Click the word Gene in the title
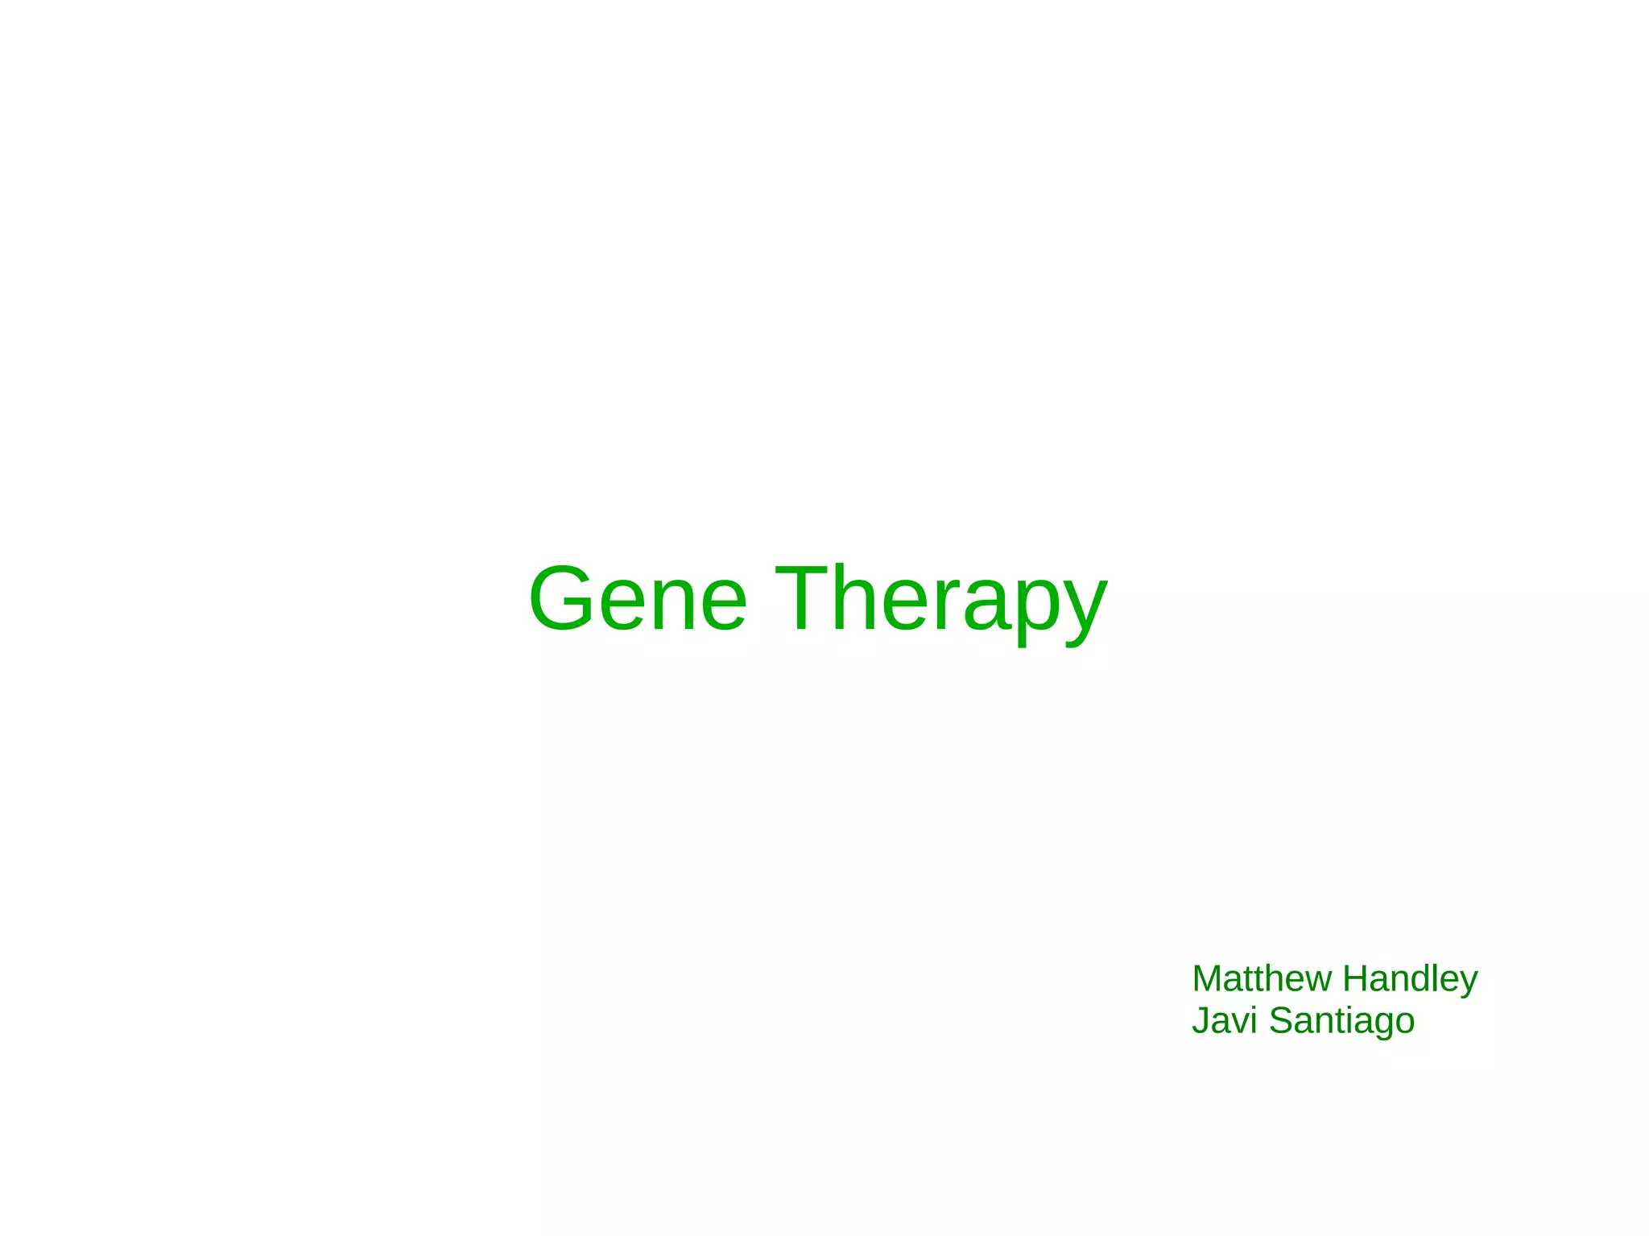click(638, 600)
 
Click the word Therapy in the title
click(941, 600)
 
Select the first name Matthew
click(1261, 978)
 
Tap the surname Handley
click(1410, 978)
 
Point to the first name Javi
click(1224, 1020)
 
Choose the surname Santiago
click(1341, 1020)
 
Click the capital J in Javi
click(1201, 1020)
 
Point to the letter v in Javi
click(1236, 1023)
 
